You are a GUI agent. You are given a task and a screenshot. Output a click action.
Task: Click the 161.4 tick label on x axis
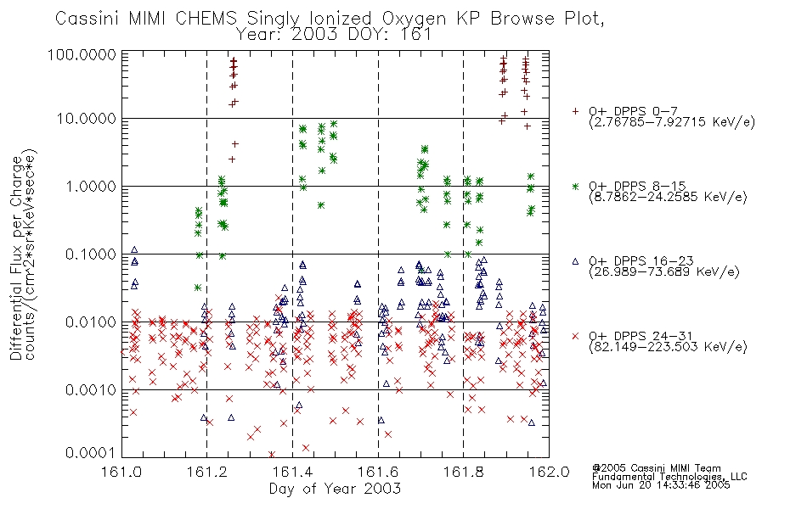pos(293,472)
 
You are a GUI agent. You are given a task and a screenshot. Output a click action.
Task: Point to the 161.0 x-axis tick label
pos(121,472)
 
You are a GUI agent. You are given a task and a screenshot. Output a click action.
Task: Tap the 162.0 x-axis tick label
pos(549,472)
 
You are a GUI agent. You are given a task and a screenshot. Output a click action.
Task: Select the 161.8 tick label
pos(464,472)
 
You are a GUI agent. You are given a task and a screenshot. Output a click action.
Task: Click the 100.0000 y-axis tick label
pos(82,54)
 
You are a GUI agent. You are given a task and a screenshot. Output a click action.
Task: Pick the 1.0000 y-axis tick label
pos(91,186)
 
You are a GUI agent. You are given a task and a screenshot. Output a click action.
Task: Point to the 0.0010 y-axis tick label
pos(91,390)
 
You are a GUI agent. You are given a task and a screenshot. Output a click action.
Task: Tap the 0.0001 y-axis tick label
pos(91,453)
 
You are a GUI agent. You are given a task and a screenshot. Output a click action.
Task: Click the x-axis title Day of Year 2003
pos(335,489)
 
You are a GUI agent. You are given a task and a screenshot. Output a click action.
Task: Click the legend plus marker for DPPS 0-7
pos(575,111)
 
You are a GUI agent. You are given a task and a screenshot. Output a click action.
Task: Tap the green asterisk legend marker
pos(575,186)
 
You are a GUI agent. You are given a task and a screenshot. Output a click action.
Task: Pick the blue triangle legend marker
pos(575,261)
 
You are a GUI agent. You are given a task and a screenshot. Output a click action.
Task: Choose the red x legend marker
pos(575,336)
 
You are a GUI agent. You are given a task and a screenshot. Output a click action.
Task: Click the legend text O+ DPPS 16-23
pos(641,261)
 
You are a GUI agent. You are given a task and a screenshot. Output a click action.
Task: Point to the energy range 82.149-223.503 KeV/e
pos(668,347)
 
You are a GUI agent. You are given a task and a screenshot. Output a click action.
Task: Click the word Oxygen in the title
pos(414,19)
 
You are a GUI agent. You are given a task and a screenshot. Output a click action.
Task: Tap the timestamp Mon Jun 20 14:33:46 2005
pos(661,485)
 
